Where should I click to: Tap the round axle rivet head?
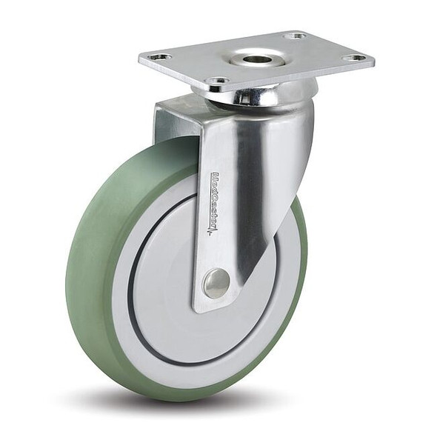pos(216,283)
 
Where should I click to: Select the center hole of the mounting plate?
pos(256,58)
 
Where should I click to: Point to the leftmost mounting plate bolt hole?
pos(158,57)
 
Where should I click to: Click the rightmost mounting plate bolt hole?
pos(356,58)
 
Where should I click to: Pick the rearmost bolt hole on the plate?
pos(295,36)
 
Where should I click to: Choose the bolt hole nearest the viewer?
pos(218,81)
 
